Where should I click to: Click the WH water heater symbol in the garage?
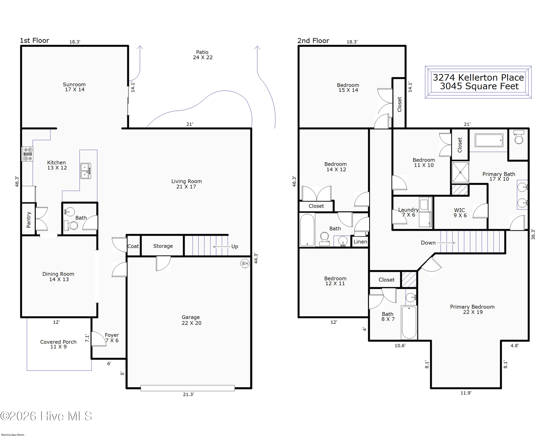(245, 263)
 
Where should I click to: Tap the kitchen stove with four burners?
(27, 154)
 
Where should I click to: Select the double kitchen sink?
(86, 171)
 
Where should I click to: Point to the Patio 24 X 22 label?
(202, 55)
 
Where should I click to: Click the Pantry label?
(28, 220)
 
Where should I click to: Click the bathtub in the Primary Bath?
(489, 140)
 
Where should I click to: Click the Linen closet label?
(360, 242)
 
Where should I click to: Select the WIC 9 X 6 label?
(460, 213)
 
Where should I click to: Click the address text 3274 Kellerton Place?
(478, 77)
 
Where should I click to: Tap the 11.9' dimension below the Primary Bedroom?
(466, 393)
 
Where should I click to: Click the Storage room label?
(163, 246)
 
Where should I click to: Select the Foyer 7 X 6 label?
(112, 338)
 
